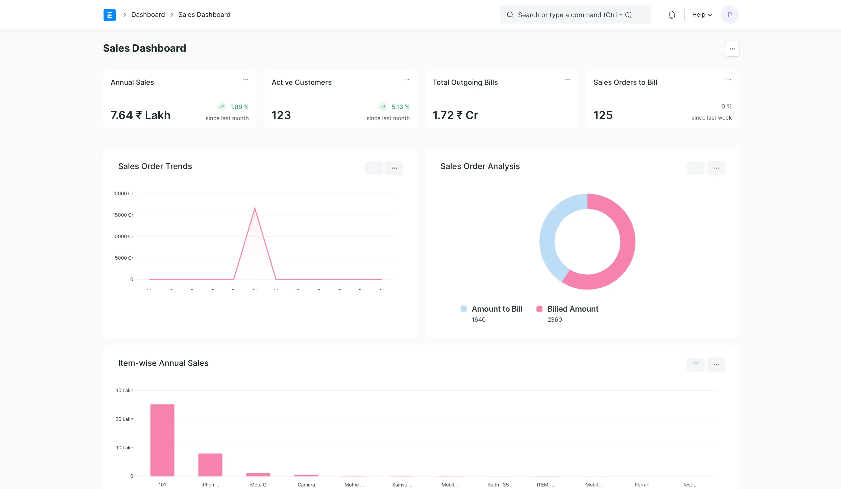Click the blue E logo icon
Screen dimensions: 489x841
point(109,15)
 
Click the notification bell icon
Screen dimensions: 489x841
point(672,15)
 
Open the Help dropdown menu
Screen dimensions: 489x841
point(702,15)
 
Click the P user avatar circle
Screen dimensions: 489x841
point(730,15)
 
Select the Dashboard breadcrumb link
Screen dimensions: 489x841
point(148,15)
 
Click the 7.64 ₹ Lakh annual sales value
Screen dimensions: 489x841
point(140,115)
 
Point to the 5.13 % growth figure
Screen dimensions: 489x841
point(400,107)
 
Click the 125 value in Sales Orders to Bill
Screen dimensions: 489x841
point(603,115)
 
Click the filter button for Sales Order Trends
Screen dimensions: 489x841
point(374,168)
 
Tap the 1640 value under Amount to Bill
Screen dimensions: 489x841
point(478,320)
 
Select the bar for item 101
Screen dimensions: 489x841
point(162,440)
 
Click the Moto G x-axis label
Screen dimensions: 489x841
point(258,485)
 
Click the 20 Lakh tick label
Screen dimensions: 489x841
point(124,419)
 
